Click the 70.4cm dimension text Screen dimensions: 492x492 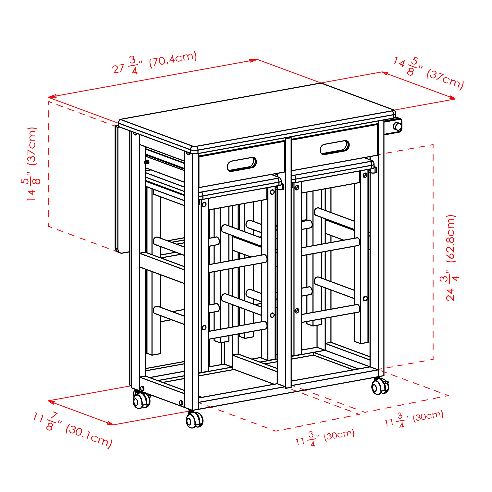point(173,59)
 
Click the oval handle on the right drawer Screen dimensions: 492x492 point(335,147)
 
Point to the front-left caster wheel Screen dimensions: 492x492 point(141,400)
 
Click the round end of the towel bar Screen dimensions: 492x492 point(397,126)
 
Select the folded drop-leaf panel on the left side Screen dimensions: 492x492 point(121,189)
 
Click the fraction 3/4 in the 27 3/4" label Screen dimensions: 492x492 point(134,66)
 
